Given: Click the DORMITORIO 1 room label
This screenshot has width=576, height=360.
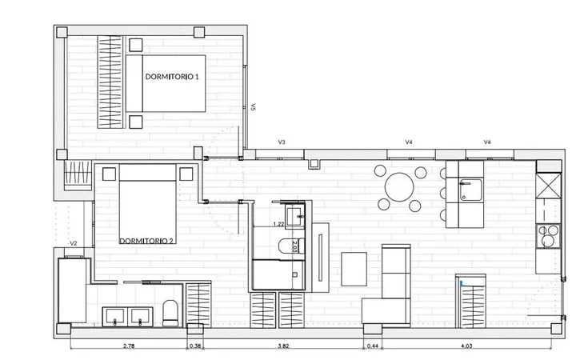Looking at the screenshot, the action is point(172,77).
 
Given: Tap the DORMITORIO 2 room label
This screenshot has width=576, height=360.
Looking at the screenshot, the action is point(146,241).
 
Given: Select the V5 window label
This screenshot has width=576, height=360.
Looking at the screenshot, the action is point(253,107).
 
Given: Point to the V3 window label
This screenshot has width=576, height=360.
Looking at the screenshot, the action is point(282,142).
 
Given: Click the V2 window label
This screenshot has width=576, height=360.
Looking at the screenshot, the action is point(74,243).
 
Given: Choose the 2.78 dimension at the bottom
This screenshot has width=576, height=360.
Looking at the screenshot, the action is point(129,346).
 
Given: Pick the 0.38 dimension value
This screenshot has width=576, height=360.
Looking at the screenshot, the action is point(195,346).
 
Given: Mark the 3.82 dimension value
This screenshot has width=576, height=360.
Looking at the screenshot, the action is point(283,346).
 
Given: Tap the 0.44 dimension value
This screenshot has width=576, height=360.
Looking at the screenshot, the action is point(373,346).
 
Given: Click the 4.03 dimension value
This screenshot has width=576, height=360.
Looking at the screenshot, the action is point(466,346).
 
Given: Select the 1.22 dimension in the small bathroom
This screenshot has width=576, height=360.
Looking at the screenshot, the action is point(279,224).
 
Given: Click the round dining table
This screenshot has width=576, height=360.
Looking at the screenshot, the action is point(399,187).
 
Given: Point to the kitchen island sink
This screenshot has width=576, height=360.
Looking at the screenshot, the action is point(470,190).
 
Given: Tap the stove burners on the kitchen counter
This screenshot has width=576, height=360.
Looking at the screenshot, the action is point(548,236).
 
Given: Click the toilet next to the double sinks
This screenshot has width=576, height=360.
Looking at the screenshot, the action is point(170,314).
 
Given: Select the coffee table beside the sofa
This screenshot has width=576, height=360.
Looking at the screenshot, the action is point(354,269).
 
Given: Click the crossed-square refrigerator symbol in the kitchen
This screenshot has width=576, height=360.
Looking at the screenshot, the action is point(548,186).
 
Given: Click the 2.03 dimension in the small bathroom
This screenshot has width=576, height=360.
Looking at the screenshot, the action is point(294,246).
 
